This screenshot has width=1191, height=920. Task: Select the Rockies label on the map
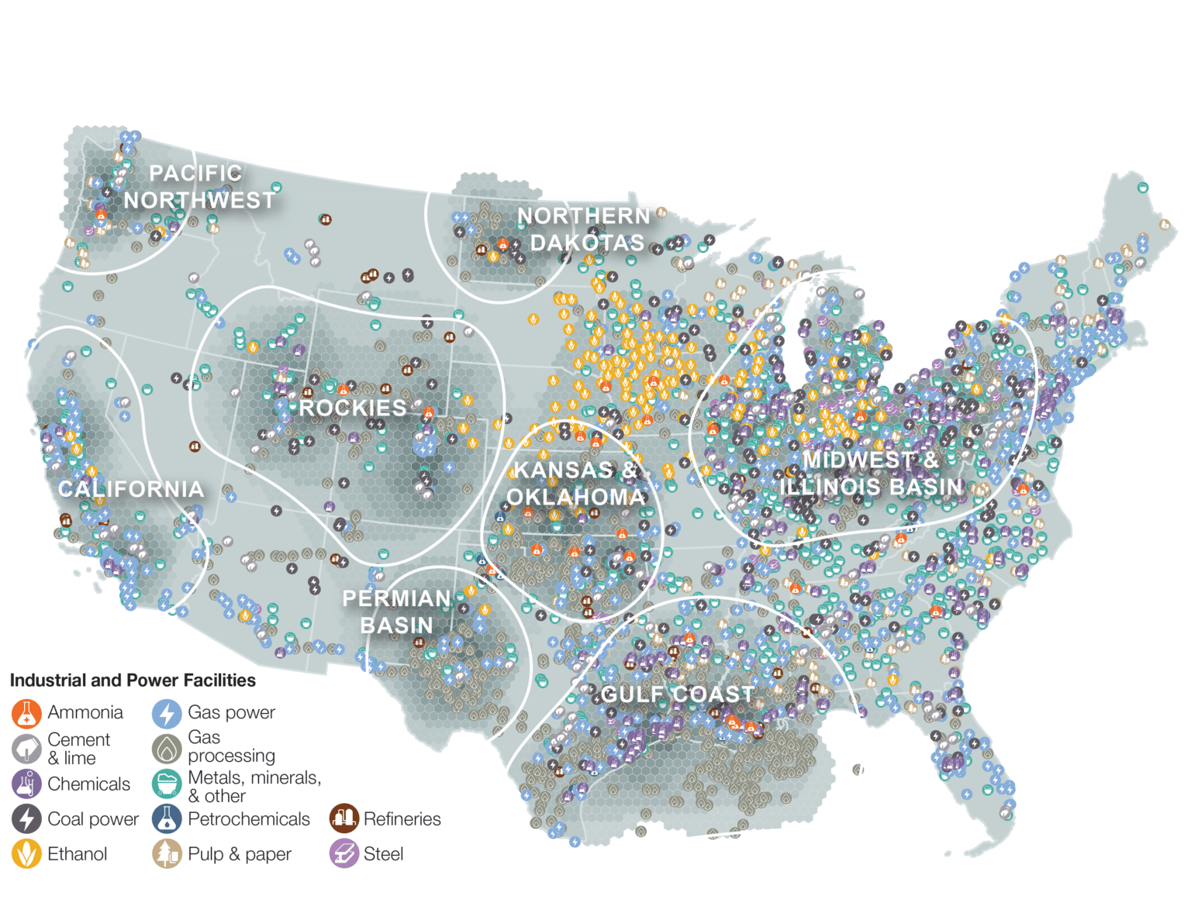353,408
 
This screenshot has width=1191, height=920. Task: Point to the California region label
131,489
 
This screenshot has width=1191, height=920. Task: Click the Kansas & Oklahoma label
575,483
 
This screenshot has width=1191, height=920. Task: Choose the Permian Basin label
396,612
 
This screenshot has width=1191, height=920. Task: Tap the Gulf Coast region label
677,694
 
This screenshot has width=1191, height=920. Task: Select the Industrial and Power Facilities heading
133,681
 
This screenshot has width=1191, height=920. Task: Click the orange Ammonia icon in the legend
26,713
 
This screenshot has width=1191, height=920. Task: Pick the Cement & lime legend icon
26,749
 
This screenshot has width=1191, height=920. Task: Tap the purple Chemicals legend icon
26,784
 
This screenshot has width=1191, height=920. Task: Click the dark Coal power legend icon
26,819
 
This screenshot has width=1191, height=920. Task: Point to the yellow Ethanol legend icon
26,854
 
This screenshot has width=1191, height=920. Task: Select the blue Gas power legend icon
167,713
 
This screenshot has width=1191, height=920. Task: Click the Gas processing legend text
231,746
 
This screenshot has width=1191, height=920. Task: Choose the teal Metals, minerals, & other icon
167,784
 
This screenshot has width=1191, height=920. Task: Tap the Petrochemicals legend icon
167,819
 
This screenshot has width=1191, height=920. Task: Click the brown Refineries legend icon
343,819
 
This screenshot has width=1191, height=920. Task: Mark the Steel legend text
383,854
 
